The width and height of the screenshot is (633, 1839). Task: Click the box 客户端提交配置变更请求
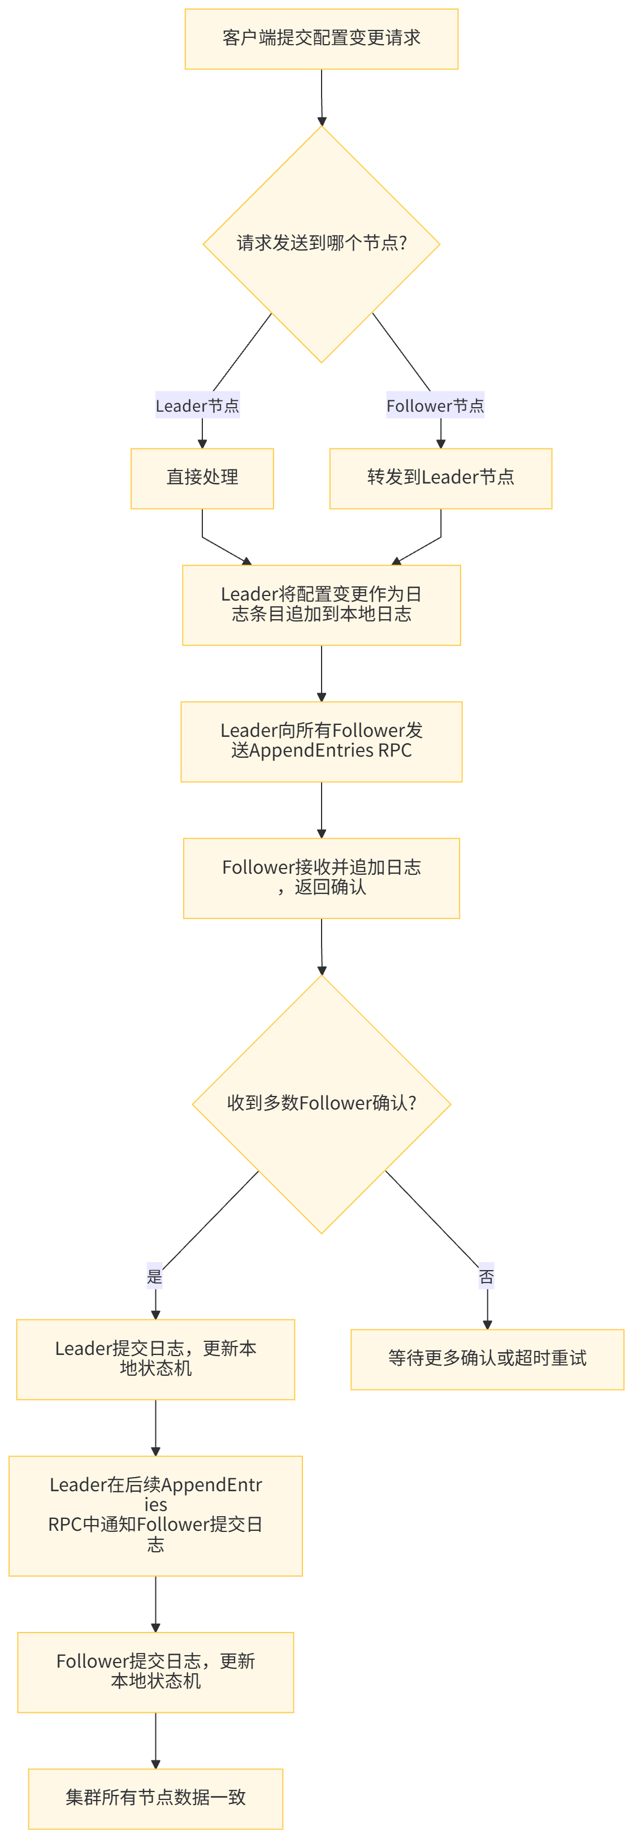(321, 38)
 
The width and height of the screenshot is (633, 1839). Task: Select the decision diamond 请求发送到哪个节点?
(321, 243)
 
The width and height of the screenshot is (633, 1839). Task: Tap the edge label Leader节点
(198, 405)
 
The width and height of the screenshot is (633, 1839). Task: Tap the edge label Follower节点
(435, 405)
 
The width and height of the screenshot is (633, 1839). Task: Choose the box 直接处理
(202, 478)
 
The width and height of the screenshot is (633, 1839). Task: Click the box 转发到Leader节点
(440, 478)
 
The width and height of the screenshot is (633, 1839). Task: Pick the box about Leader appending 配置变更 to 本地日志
(321, 605)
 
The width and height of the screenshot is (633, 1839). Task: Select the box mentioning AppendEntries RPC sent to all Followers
(321, 741)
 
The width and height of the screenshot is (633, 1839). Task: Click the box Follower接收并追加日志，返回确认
(321, 878)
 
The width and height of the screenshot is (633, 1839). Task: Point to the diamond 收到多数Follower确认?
(321, 1103)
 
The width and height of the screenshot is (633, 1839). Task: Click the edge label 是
(155, 1276)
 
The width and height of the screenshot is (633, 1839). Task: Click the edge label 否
(486, 1276)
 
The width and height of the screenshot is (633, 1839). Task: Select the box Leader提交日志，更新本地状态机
(155, 1358)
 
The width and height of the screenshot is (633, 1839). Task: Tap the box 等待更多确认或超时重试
(487, 1358)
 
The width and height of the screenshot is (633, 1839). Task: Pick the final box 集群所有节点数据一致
(155, 1798)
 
